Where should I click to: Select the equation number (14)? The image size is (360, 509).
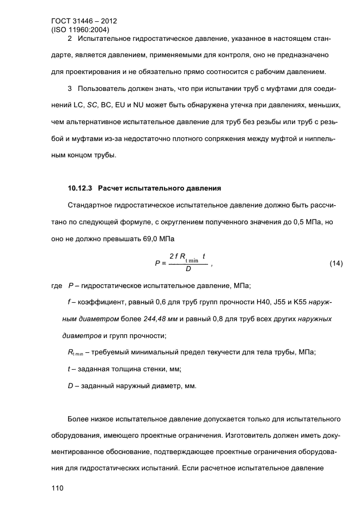coord(336,263)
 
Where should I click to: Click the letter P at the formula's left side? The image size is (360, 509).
coord(157,263)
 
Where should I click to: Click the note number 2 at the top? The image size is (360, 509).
coord(70,39)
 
